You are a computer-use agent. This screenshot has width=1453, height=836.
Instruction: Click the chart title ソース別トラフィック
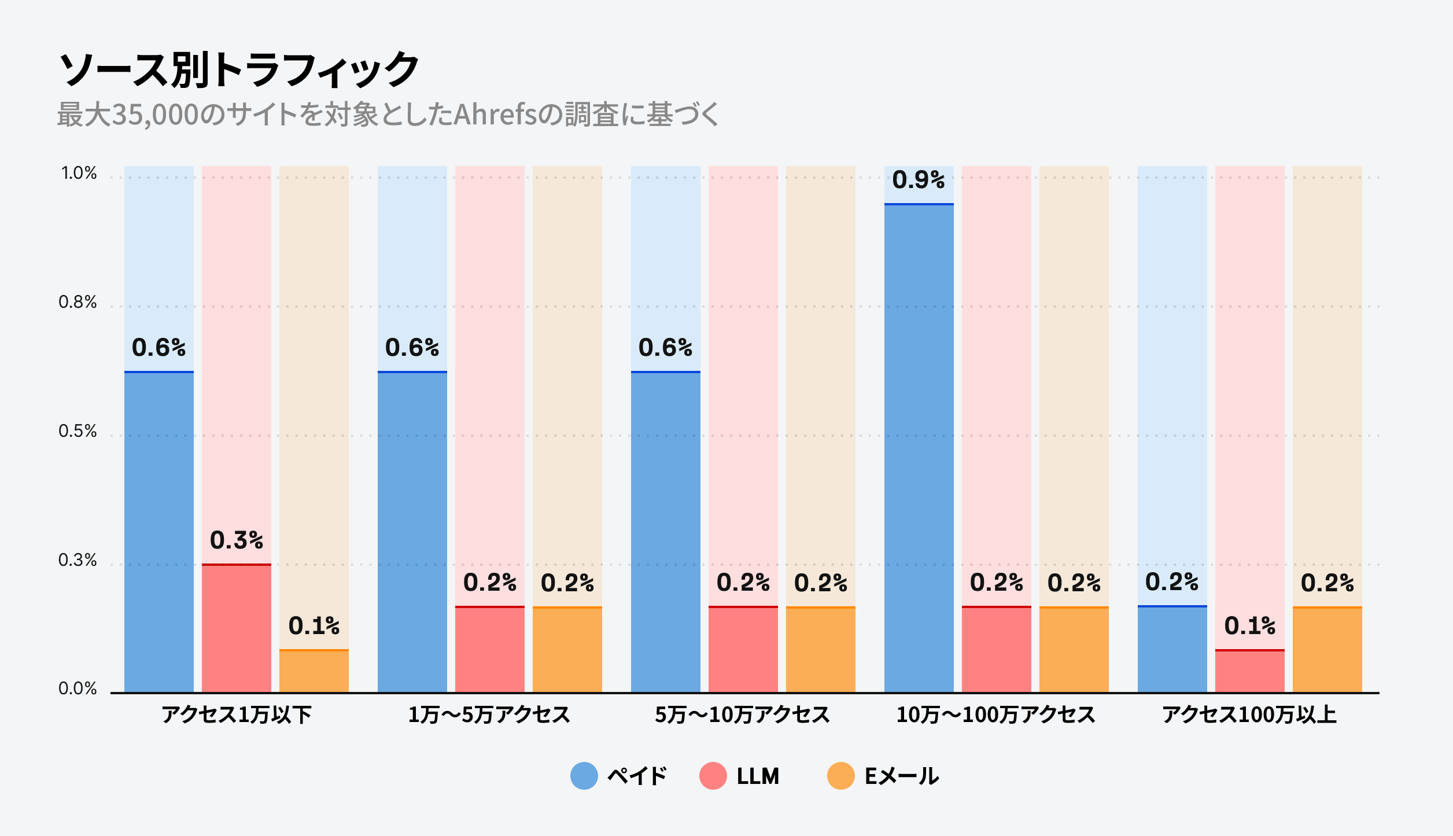(x=238, y=69)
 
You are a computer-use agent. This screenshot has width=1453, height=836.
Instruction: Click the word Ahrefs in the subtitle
(x=495, y=115)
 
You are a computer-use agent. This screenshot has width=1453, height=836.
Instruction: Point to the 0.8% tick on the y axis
(x=78, y=302)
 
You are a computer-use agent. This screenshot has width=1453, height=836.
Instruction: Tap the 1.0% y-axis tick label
(x=79, y=173)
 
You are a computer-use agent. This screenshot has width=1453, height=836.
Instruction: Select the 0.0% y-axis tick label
(x=78, y=688)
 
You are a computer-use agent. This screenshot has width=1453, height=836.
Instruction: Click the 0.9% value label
(x=918, y=180)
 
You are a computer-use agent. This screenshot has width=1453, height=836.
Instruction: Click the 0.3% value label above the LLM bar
(x=236, y=540)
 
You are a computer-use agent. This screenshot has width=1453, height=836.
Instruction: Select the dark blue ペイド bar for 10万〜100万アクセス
(x=919, y=448)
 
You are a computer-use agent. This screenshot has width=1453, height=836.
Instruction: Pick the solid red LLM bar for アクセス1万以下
(x=236, y=628)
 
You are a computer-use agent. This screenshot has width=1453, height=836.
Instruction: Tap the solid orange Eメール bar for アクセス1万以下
(x=314, y=671)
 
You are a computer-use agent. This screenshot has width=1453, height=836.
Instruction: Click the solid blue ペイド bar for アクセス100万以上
(x=1172, y=649)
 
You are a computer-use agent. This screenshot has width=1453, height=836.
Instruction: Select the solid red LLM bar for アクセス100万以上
(x=1249, y=671)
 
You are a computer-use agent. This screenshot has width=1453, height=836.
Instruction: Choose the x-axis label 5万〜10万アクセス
(x=742, y=715)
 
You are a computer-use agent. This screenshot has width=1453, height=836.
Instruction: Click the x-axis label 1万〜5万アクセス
(x=489, y=715)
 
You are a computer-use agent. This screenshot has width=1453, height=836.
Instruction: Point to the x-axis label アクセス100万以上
(x=1249, y=715)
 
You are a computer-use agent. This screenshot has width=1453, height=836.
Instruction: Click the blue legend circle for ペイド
(x=584, y=776)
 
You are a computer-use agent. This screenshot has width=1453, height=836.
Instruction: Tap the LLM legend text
(x=758, y=776)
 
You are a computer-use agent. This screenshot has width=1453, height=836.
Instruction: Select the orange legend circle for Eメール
(x=840, y=776)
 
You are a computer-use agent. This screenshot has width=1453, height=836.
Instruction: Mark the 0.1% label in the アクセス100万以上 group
(x=1249, y=626)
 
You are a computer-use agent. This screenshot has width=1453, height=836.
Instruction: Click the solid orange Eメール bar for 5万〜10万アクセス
(x=820, y=649)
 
